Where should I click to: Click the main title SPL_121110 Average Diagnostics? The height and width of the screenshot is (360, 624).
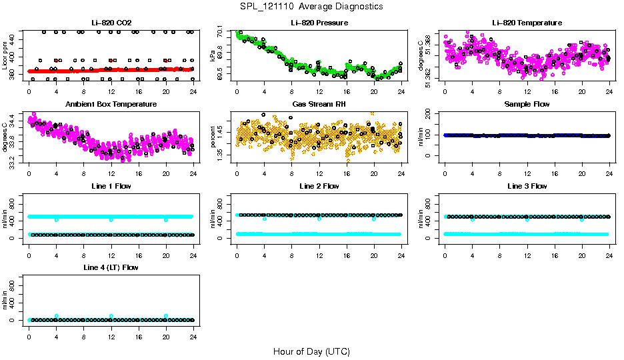tap(312, 6)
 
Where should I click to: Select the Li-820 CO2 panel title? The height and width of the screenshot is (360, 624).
tap(111, 23)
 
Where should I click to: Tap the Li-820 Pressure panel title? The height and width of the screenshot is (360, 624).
tap(319, 23)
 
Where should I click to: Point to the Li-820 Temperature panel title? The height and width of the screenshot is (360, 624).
tap(527, 23)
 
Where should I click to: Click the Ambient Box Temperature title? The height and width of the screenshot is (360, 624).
tap(111, 104)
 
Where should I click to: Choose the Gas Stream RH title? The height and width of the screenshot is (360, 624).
tap(319, 104)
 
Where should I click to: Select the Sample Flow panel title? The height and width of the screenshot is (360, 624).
tap(527, 104)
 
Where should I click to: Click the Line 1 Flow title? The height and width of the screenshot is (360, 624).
tap(111, 186)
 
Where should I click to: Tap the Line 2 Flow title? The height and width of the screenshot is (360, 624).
tap(319, 186)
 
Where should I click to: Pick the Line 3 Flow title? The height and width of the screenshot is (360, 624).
tap(527, 186)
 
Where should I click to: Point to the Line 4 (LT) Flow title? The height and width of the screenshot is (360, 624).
tap(111, 267)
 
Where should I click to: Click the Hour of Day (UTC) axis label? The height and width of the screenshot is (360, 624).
tap(311, 351)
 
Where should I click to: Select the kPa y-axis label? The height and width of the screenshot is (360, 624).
tap(213, 55)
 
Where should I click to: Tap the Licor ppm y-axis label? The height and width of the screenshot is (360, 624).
tap(5, 55)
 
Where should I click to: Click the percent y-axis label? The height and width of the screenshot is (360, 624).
tap(213, 137)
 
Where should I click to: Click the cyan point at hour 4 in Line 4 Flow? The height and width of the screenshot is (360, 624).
tap(57, 316)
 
